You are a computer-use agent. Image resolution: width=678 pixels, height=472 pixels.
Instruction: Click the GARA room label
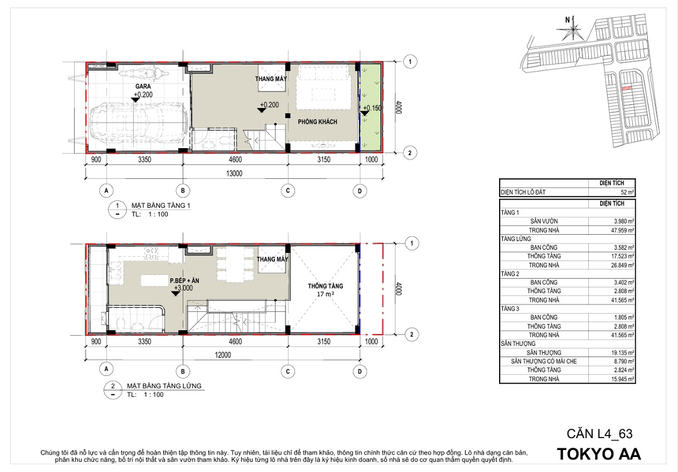[x=143, y=87]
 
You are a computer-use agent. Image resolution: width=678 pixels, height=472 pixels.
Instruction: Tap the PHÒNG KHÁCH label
[x=318, y=122]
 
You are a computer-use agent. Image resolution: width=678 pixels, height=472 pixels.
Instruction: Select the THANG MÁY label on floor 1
[x=271, y=78]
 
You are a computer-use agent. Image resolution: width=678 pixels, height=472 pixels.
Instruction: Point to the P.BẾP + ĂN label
[x=185, y=281]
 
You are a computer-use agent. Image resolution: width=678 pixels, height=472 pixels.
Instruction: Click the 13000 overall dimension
[x=234, y=173]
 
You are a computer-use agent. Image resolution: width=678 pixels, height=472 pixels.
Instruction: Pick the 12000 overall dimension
[x=223, y=355]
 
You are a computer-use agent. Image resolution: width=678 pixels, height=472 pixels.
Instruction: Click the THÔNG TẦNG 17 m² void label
[x=326, y=290]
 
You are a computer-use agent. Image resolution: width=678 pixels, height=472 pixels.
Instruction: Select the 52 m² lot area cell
[x=627, y=192]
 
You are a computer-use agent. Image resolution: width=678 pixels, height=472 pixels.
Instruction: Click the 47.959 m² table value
[x=623, y=230]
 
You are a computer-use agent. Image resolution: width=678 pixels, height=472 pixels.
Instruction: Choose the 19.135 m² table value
[x=623, y=353]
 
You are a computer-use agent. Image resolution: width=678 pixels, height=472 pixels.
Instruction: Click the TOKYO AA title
[x=599, y=454]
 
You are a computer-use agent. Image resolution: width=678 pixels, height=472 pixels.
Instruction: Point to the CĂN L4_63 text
[x=600, y=434]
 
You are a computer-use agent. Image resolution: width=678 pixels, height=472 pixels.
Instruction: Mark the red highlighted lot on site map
[x=626, y=88]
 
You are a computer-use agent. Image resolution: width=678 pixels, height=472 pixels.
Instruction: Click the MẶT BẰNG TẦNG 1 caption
[x=161, y=205]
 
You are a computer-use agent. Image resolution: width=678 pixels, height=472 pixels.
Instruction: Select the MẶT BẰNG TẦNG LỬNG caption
[x=164, y=385]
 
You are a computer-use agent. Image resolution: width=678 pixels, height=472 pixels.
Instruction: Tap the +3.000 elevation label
[x=183, y=288]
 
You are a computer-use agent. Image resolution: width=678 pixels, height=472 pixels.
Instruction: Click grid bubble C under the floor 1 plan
[x=288, y=191]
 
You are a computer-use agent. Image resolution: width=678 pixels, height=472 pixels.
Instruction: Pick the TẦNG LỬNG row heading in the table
[x=516, y=239]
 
